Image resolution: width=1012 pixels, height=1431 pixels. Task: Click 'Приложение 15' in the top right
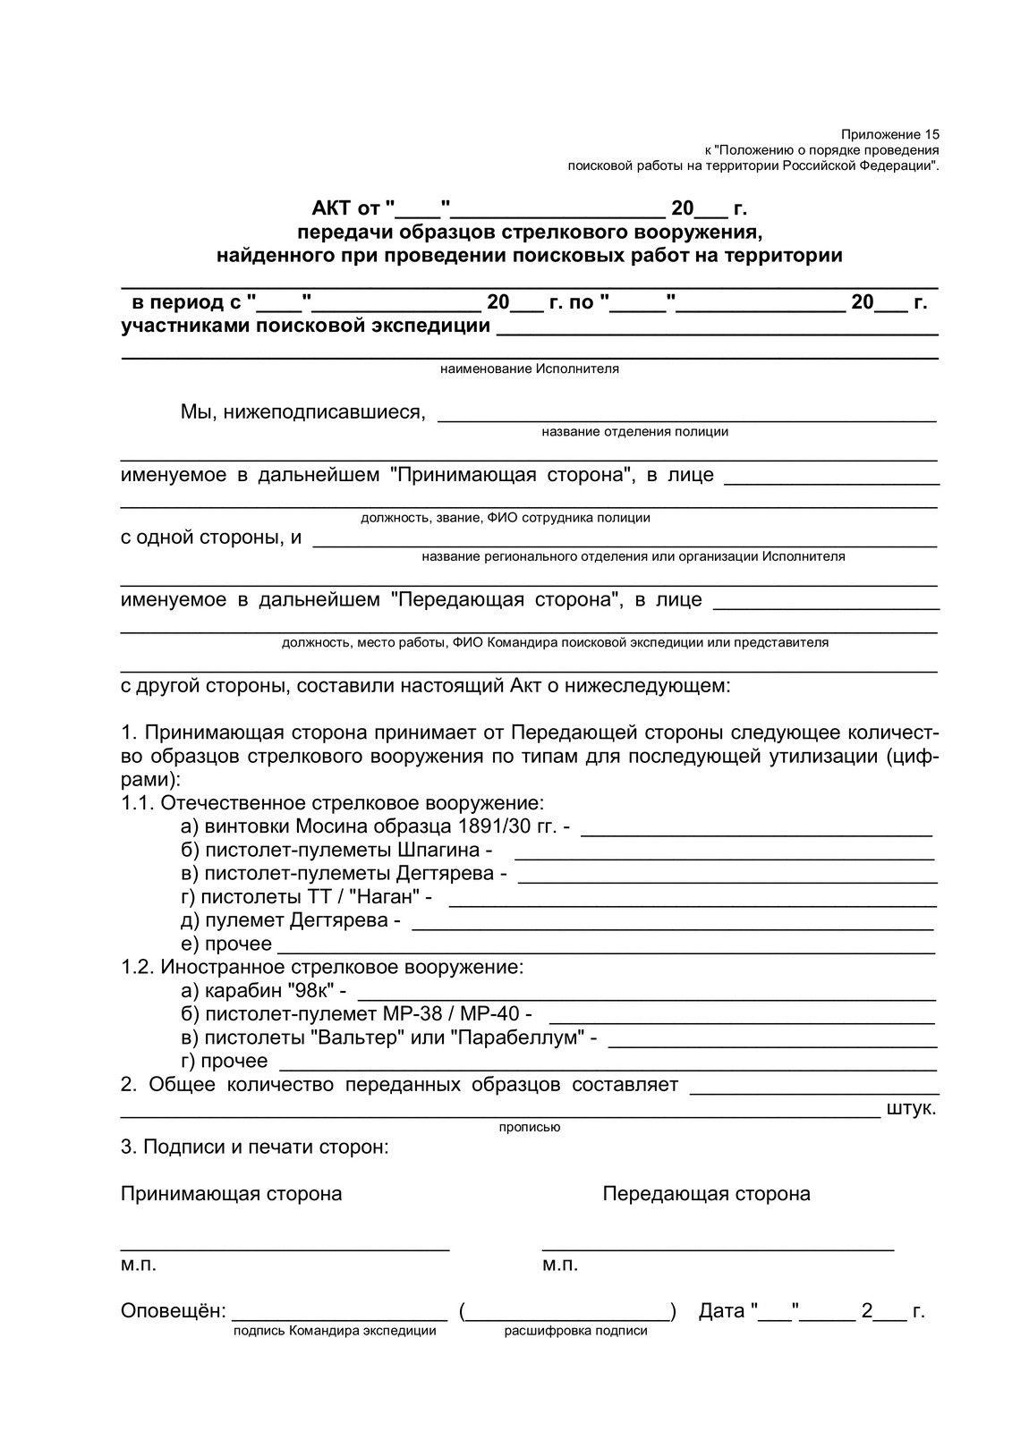coord(889,133)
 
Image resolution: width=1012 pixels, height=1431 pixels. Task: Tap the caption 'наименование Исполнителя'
coord(529,368)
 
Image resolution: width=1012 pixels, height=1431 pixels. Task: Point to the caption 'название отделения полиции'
coord(634,431)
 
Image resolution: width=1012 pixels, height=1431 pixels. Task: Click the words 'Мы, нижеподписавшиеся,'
coord(302,411)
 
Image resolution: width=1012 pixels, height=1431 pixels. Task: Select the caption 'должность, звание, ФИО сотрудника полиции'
coord(505,517)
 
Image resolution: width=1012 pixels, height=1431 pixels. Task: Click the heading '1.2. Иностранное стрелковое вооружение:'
coord(322,967)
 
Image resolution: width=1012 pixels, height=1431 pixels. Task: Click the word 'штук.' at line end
coord(911,1109)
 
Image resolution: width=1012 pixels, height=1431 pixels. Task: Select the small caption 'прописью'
coord(529,1127)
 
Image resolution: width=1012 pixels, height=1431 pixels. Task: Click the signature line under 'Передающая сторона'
coord(718,1248)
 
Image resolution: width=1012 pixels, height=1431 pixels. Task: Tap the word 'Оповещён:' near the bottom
coord(173,1311)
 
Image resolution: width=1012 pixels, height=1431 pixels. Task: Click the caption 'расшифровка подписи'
coord(575,1331)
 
